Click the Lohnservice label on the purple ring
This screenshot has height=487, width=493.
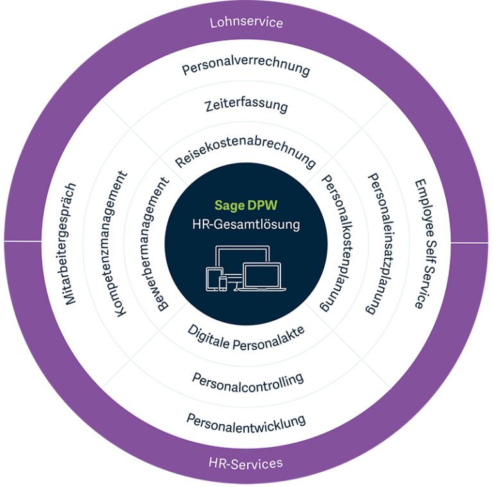[246, 22]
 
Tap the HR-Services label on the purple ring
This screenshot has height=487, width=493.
[246, 463]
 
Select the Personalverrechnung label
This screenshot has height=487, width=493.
[246, 68]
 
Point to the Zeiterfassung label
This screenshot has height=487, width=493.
[246, 105]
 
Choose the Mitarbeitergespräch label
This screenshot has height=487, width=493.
[70, 244]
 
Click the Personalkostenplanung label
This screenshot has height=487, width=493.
[336, 244]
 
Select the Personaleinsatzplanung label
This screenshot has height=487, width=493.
[381, 244]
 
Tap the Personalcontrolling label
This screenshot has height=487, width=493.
[248, 382]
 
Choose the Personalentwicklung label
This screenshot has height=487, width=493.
[246, 424]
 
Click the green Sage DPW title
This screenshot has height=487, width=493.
[246, 205]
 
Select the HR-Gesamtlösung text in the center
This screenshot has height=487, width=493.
[246, 225]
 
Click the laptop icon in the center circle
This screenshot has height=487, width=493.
[262, 277]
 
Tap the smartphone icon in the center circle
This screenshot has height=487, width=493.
[223, 284]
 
